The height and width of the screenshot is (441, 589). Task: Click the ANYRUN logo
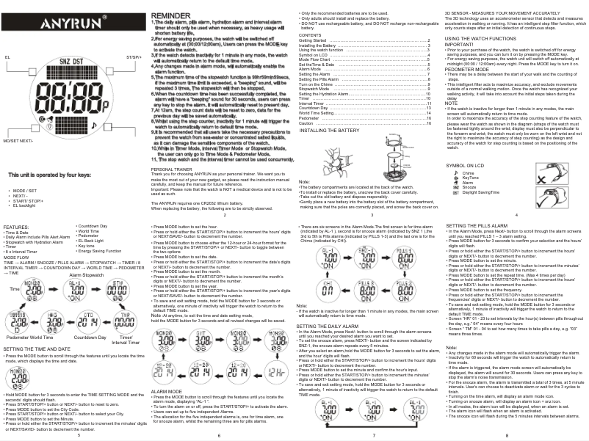[74, 24]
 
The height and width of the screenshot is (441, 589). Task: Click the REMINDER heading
[171, 15]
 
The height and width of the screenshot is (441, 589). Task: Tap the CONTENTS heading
[310, 35]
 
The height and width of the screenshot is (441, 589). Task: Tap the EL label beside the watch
[7, 56]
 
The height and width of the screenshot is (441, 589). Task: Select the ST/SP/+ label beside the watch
[134, 56]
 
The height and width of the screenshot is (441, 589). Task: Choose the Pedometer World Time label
[27, 337]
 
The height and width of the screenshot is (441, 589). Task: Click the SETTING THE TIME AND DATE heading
[37, 349]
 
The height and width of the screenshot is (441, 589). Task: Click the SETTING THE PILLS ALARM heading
[482, 225]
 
